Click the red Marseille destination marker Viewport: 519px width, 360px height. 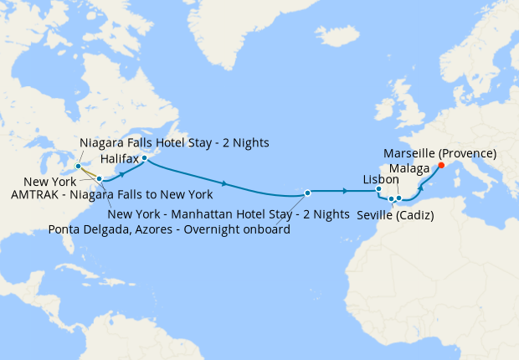point(441,165)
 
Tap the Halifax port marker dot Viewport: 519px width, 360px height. point(144,158)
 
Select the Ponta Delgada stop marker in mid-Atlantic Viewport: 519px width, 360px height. point(308,193)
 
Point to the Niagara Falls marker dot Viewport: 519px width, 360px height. point(78,166)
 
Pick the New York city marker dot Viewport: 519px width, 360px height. point(99,178)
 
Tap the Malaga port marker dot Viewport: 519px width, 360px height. point(399,198)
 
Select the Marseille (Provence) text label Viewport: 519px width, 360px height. point(440,153)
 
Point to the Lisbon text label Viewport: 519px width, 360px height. point(381,179)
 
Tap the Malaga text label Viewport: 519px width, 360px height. point(410,169)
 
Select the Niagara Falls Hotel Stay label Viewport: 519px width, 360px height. point(174,142)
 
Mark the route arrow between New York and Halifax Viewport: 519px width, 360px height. point(124,174)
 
